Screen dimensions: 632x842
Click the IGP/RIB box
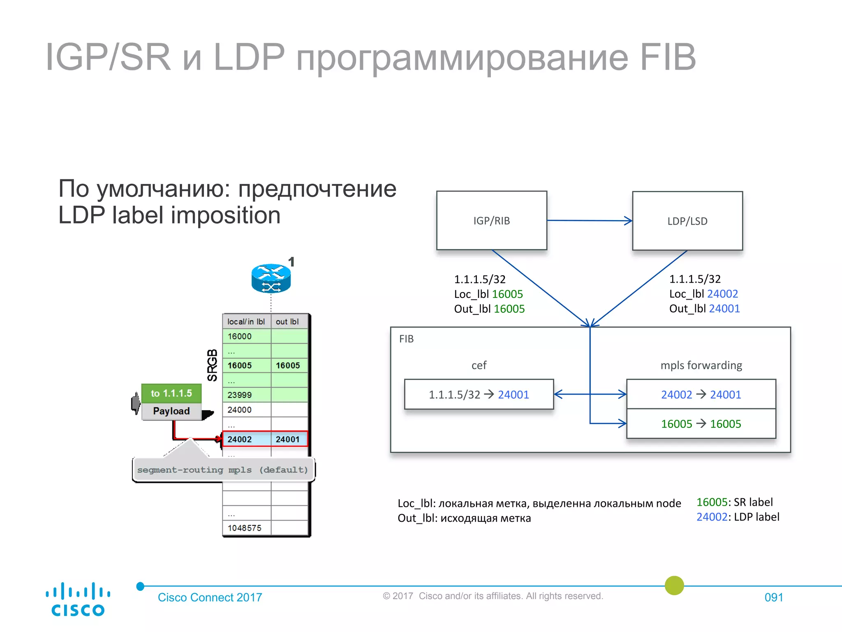coord(491,221)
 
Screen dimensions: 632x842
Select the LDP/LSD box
coord(687,221)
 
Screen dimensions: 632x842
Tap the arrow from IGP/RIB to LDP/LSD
coord(589,221)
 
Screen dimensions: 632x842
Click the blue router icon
coord(271,278)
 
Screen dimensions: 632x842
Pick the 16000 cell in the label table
coord(246,336)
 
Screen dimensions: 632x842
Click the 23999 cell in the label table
coord(246,395)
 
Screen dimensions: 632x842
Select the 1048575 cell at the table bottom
coord(246,528)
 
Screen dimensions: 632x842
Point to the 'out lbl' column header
coord(288,321)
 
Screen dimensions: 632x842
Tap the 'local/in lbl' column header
coord(246,321)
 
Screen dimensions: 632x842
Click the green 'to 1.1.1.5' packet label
coord(171,393)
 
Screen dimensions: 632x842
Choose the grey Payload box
coord(171,411)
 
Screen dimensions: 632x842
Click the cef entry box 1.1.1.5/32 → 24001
coord(479,395)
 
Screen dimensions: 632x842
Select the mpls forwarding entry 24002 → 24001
coord(701,395)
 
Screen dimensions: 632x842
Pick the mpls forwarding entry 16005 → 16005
coord(701,424)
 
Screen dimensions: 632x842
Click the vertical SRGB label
coord(212,365)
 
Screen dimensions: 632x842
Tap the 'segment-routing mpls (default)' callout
coord(223,470)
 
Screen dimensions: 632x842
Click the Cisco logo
coord(77,599)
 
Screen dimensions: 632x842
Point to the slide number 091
coord(773,597)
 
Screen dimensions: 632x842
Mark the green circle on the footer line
coord(674,586)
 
